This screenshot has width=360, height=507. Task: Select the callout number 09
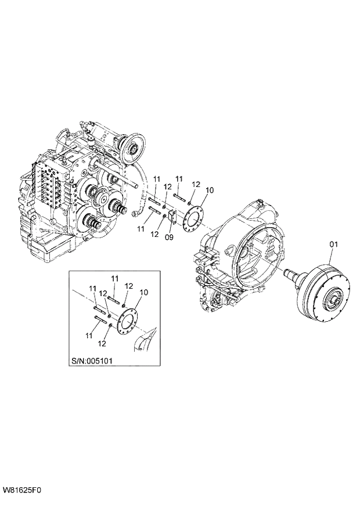[x=170, y=236]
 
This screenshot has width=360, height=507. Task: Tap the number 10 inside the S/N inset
[x=145, y=292]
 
